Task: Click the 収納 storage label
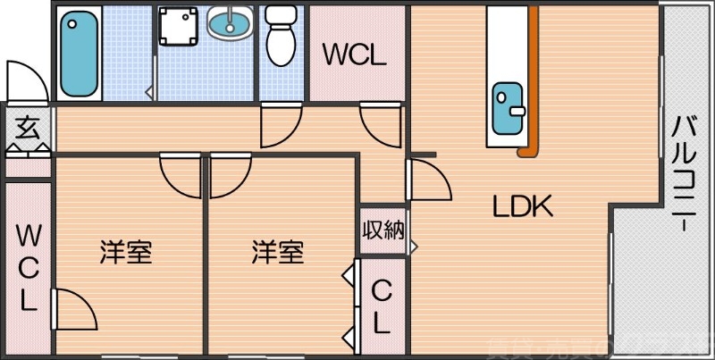coord(383,230)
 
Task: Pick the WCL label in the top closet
coord(355,55)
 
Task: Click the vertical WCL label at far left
coord(28,267)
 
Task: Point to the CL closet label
coord(382,306)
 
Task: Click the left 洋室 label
coord(125,253)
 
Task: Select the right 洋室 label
coord(277,253)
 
